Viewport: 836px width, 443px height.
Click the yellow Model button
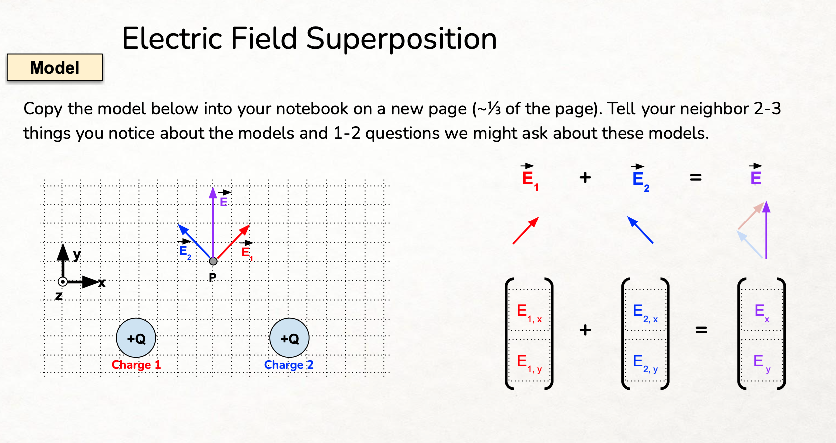(55, 67)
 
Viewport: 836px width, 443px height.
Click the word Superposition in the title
(401, 39)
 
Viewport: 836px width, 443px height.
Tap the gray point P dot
(213, 261)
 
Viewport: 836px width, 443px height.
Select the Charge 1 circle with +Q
(136, 338)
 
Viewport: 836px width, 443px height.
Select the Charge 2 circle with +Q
(289, 338)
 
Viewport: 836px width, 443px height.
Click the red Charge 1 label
(136, 365)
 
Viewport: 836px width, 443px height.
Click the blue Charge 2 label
(289, 365)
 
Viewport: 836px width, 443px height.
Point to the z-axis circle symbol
(63, 282)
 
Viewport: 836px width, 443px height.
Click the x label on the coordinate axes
(102, 283)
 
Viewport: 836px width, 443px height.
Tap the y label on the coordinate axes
(77, 255)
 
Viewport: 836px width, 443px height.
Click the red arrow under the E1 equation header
(526, 230)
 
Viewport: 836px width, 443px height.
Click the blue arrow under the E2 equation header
(640, 230)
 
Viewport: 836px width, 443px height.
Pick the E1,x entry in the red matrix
(529, 313)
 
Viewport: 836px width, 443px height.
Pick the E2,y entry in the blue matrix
(645, 363)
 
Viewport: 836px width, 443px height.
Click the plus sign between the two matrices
(585, 330)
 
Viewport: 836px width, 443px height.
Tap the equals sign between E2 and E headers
(696, 177)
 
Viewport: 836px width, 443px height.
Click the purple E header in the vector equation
(756, 177)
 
